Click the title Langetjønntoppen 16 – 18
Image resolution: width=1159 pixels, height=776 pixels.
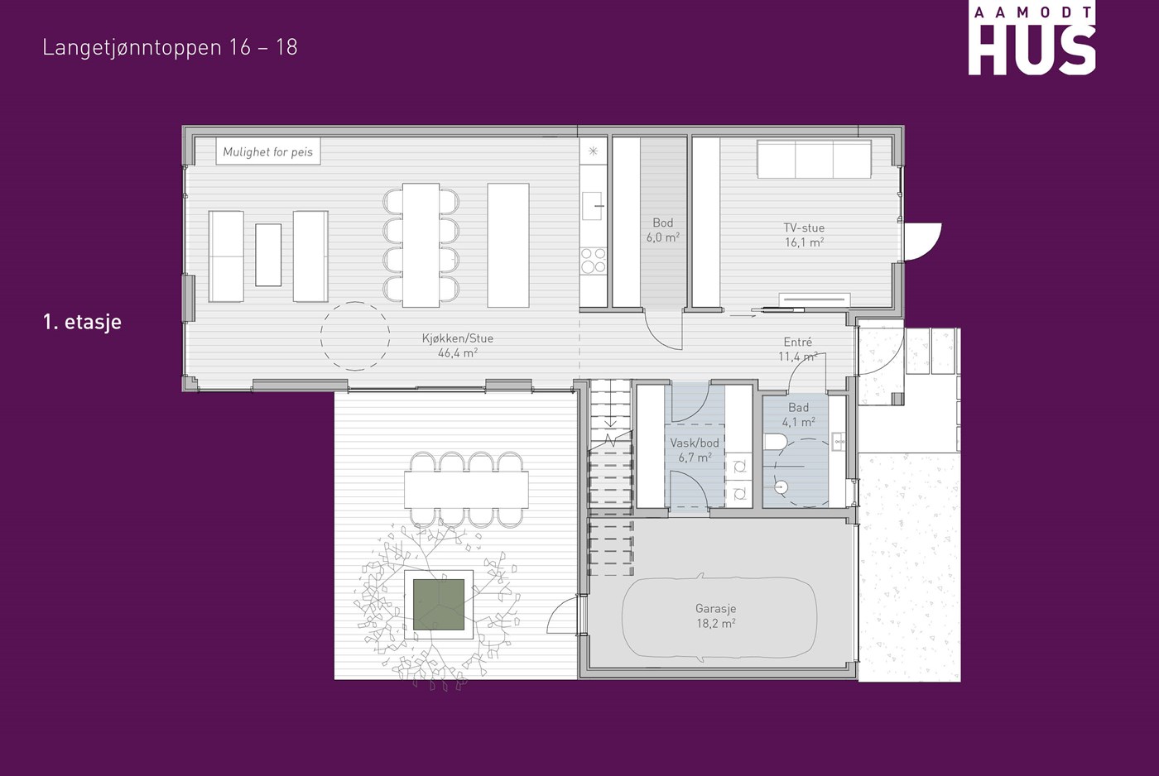170,47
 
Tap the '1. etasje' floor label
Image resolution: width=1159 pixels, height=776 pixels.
82,322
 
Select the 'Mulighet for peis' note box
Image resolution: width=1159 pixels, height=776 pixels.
268,151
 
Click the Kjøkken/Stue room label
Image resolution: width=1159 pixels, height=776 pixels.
457,345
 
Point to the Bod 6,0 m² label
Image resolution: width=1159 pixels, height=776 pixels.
663,230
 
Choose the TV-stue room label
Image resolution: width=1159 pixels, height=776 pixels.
804,235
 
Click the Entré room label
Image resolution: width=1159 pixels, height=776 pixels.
798,349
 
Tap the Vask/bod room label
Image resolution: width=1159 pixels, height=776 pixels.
695,450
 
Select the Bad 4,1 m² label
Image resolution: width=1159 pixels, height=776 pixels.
798,414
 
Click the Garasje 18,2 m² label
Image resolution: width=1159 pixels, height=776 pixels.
715,616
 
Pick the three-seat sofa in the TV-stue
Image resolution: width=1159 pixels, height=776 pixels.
815,159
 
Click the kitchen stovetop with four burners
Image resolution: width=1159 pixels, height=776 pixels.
593,260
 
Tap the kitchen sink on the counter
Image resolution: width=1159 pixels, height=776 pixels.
593,206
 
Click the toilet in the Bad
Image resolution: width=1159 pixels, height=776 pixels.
776,442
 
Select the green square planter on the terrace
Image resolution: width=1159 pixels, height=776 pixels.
439,605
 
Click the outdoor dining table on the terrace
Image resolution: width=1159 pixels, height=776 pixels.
467,490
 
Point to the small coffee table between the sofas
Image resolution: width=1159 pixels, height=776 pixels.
268,255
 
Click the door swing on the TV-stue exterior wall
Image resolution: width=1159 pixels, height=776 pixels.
922,242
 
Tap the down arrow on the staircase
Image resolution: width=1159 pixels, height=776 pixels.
611,417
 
